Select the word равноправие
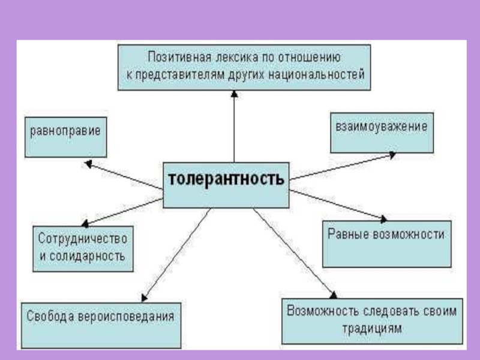65,130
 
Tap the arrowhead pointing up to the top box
234,95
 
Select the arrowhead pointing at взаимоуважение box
391,154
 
